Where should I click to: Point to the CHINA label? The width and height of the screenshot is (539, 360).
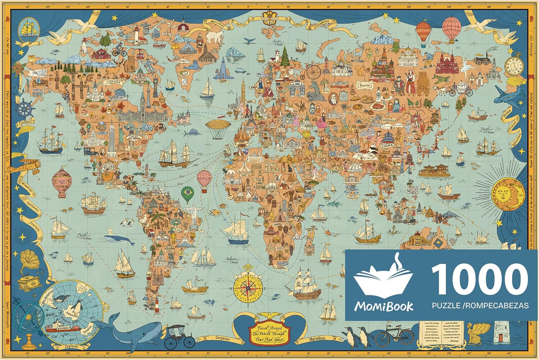point(386,146)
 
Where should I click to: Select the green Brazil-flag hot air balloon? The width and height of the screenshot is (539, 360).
point(188,194)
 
